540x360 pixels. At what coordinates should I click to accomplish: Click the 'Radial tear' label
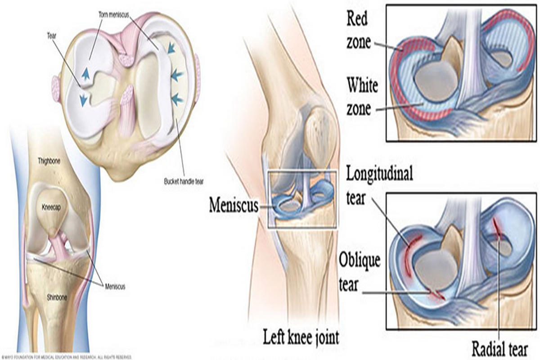499,347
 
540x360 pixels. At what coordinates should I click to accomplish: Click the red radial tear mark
497,228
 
